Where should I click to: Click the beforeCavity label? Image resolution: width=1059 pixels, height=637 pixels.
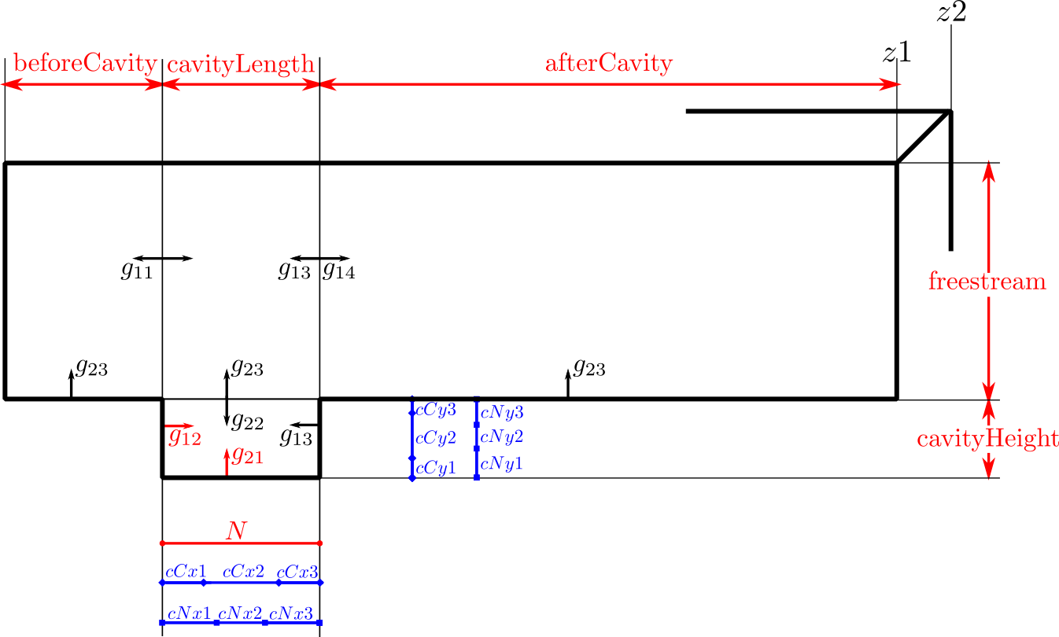86,64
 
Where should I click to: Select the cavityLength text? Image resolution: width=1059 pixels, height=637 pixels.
241,64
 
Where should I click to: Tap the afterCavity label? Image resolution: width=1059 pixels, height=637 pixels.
609,63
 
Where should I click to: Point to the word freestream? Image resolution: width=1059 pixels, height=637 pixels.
987,282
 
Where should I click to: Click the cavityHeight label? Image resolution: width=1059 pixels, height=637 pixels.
987,439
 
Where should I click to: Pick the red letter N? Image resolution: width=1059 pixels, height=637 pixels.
236,531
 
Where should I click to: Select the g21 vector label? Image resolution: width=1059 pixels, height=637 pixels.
247,455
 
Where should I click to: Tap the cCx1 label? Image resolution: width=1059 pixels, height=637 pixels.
186,572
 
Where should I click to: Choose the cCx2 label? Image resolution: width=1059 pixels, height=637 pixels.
243,572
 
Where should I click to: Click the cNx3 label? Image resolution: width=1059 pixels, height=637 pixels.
291,613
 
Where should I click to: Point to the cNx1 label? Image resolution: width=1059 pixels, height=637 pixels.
189,613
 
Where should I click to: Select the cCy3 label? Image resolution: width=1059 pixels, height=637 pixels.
436,410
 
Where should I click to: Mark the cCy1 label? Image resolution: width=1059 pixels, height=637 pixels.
436,469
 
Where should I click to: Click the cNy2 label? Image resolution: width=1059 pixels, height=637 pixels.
502,436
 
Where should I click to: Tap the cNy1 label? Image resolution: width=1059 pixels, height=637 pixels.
502,465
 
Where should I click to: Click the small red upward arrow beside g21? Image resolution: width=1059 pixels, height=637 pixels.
227,461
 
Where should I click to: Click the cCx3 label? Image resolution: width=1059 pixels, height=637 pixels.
297,572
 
